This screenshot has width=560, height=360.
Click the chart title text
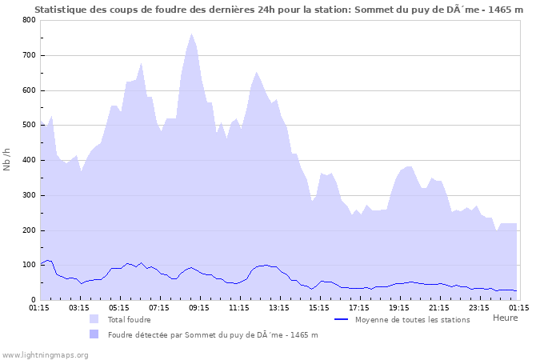pos(279,10)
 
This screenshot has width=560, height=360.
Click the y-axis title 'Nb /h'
pos(7,160)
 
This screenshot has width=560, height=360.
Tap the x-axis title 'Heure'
pos(505,318)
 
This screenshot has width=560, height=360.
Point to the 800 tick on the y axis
pos(28,20)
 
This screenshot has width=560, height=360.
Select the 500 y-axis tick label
pos(28,126)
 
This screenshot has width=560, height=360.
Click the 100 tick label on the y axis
pos(28,266)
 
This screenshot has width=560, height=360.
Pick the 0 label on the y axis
pos(32,301)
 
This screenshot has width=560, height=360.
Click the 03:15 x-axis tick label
pos(79,307)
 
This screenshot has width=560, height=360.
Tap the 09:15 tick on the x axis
pos(198,307)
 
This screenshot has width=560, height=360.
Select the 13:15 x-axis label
pos(278,307)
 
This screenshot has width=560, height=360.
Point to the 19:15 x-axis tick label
pos(398,307)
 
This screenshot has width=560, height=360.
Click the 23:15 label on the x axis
pos(478,307)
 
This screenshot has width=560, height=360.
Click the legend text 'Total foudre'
pos(129,319)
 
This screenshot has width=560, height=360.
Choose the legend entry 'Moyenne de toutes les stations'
pos(413,319)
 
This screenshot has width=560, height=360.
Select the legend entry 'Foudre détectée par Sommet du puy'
pos(213,334)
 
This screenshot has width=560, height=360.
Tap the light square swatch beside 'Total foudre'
pos(95,319)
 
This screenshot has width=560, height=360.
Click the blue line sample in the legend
pos(342,319)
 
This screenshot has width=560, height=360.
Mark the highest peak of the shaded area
pos(192,34)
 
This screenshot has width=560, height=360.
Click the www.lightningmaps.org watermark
pos(45,354)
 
